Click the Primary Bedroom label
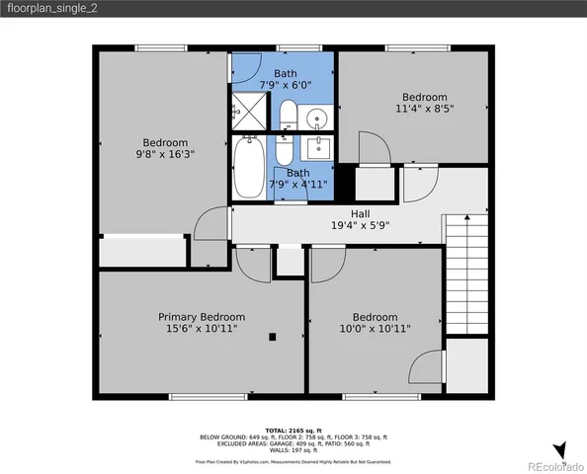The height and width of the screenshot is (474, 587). (x=202, y=317)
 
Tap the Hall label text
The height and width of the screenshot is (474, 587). (x=361, y=212)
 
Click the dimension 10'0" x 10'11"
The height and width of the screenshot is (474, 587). (x=376, y=329)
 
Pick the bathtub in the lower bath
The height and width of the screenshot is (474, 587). (x=249, y=169)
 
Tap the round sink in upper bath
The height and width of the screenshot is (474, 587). (x=318, y=118)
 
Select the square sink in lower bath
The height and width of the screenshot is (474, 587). (x=318, y=150)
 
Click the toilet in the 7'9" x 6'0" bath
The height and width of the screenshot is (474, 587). (x=288, y=118)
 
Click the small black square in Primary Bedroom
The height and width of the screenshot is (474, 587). (x=272, y=338)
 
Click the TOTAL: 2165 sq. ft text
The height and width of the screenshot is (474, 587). (x=293, y=432)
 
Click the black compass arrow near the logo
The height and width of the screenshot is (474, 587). (x=560, y=450)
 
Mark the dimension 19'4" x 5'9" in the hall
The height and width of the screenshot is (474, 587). (x=361, y=224)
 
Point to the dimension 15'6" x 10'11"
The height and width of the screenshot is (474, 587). (x=202, y=329)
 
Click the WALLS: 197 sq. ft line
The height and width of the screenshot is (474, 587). (x=293, y=449)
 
